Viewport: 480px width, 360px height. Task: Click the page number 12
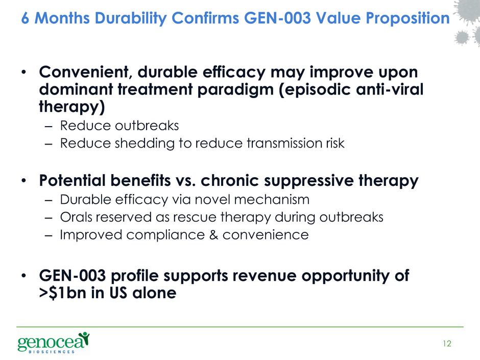point(447,344)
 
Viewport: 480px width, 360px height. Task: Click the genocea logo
point(54,343)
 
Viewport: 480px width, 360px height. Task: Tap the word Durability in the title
point(130,18)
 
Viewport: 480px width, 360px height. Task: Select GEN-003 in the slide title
point(277,18)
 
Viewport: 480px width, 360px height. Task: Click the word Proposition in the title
point(408,18)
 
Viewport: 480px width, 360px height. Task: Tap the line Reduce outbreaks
point(119,126)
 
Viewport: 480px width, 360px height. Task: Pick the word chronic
point(230,180)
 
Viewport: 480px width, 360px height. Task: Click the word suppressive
point(308,181)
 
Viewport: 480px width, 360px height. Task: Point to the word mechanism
point(272,200)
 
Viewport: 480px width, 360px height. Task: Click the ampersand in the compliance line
point(213,235)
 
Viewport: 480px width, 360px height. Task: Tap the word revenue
point(264,276)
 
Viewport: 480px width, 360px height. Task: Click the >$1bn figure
point(62,293)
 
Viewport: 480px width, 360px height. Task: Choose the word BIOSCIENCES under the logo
point(52,352)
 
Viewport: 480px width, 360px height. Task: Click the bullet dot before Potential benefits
point(24,181)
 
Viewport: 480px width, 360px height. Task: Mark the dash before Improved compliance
point(49,235)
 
